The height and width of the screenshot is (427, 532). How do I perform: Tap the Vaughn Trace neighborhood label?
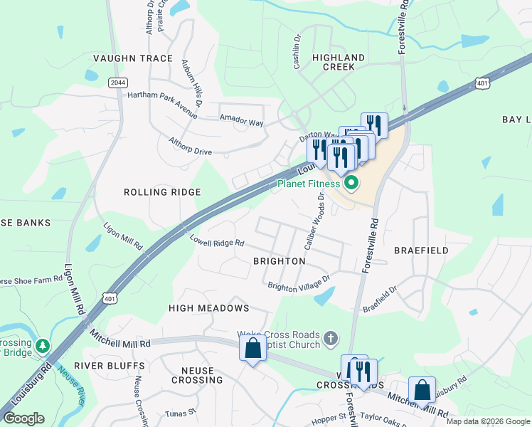[133, 58]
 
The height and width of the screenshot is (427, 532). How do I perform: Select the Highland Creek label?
[339, 62]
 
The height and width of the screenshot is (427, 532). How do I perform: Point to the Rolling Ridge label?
[162, 192]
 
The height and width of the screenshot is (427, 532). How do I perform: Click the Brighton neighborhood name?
[280, 261]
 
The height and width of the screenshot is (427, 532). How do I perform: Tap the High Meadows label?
[208, 308]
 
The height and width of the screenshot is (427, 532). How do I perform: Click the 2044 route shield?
[118, 83]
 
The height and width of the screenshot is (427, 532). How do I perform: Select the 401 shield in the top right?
[482, 84]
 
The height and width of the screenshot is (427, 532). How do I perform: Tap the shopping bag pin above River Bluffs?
[252, 349]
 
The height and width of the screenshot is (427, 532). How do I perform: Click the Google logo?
[23, 418]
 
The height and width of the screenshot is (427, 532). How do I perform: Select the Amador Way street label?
[241, 121]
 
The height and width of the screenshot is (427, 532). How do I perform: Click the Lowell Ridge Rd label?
[216, 242]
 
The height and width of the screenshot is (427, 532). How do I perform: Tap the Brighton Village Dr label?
[299, 283]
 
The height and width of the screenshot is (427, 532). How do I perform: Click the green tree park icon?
[44, 346]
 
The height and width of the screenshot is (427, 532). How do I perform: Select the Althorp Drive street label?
[190, 146]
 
